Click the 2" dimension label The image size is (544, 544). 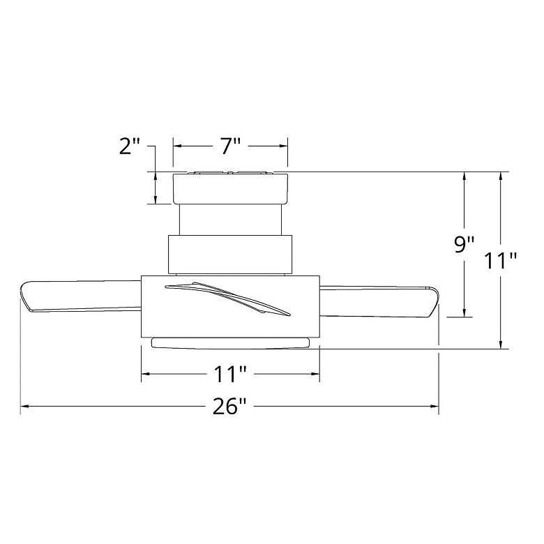130,147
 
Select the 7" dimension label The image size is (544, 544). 230,146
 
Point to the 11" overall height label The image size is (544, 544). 501,261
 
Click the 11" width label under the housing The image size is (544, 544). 230,375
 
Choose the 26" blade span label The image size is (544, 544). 230,407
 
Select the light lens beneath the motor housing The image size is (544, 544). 230,341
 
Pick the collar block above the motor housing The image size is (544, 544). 230,253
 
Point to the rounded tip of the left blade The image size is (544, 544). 24,297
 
